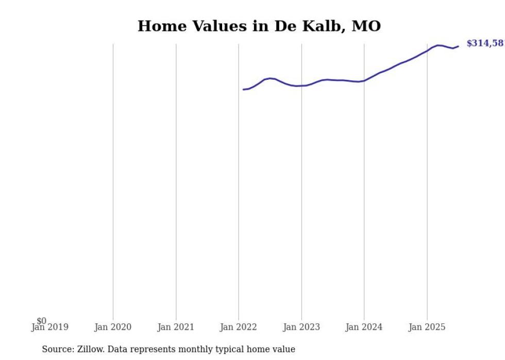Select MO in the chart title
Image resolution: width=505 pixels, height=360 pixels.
click(366, 26)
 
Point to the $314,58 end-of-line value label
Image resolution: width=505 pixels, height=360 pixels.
click(485, 44)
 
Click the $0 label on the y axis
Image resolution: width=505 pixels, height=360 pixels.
click(41, 321)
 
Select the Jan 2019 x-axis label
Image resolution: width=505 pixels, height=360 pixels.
click(49, 327)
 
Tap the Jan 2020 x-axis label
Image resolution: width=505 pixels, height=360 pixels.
click(113, 327)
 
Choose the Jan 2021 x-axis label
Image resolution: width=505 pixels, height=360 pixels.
click(176, 327)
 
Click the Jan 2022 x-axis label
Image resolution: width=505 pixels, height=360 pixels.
click(239, 327)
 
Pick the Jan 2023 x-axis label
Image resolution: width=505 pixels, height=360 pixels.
click(301, 327)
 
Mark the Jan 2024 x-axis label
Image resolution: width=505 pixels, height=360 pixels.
click(364, 327)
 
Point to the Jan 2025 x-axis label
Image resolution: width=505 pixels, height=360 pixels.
click(427, 327)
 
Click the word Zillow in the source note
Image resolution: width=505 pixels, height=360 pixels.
click(92, 349)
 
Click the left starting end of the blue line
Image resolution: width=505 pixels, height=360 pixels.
click(244, 90)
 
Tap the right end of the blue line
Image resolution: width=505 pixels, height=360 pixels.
click(458, 46)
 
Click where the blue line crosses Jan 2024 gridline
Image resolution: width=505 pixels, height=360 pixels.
click(364, 80)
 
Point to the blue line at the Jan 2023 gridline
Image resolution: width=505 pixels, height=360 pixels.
click(301, 85)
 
